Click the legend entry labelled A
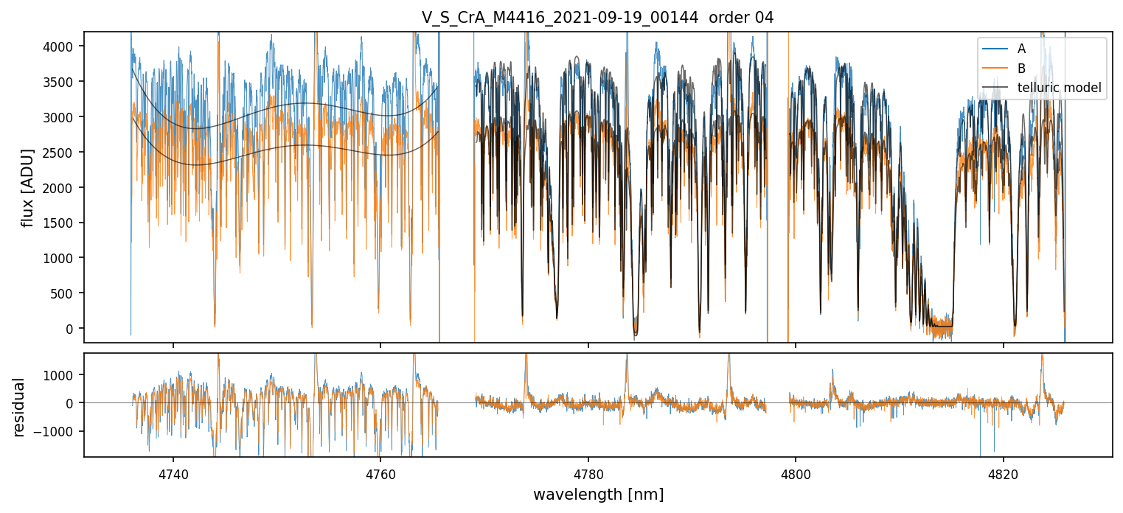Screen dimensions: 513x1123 pyautogui.click(x=1021, y=49)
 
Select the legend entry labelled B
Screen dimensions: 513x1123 pyautogui.click(x=1021, y=69)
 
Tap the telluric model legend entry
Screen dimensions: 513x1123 pyautogui.click(x=1059, y=88)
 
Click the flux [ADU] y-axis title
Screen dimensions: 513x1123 pyautogui.click(x=28, y=187)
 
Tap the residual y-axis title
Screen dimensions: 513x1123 pyautogui.click(x=19, y=407)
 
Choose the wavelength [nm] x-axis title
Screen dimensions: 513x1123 pyautogui.click(x=598, y=494)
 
